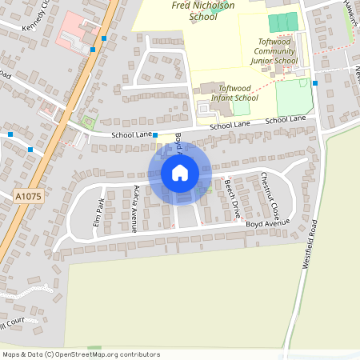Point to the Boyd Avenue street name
click(266, 223)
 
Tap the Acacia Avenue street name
click(137, 208)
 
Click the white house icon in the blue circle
click(180, 173)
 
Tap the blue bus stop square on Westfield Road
click(315, 82)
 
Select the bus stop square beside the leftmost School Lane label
click(155, 135)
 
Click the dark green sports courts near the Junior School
click(282, 22)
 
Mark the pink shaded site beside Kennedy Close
click(76, 28)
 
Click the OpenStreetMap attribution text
click(81, 354)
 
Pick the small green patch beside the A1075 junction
click(87, 123)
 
